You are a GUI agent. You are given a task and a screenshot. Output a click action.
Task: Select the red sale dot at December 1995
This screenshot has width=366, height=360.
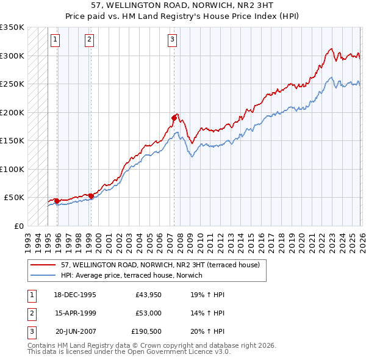(x=57, y=201)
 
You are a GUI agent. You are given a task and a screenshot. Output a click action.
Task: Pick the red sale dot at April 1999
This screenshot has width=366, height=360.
(x=91, y=196)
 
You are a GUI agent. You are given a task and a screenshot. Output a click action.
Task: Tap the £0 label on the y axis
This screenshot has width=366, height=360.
(x=18, y=226)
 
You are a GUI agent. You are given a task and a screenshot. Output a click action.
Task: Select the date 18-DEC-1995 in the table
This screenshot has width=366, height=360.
(x=75, y=295)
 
